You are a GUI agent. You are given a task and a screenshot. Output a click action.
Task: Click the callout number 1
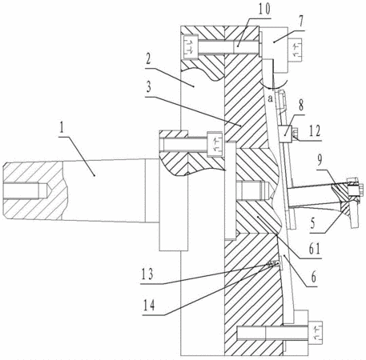[62, 128]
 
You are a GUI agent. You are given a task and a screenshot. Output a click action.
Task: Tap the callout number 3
[148, 87]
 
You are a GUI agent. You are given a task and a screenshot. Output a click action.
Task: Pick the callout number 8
[301, 106]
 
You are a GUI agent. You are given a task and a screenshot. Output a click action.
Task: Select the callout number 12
[314, 131]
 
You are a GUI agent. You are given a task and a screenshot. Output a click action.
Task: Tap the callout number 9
[320, 160]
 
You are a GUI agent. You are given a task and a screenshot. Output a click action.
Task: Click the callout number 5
[314, 223]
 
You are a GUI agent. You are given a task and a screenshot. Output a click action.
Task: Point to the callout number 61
[314, 250]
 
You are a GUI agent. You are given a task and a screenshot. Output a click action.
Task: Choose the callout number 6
[314, 277]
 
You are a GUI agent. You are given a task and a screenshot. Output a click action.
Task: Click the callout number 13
[147, 274]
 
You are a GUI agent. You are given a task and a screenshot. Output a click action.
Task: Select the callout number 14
[149, 306]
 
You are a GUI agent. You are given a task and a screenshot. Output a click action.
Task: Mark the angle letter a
[271, 99]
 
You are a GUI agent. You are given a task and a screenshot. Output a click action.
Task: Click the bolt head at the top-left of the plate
[190, 47]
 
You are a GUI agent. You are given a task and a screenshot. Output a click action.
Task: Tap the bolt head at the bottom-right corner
[316, 333]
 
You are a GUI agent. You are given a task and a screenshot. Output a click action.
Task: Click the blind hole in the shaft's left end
[26, 191]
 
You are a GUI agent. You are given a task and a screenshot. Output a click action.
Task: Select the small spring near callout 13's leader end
[271, 264]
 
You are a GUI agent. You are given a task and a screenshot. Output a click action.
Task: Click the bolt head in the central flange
[215, 143]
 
